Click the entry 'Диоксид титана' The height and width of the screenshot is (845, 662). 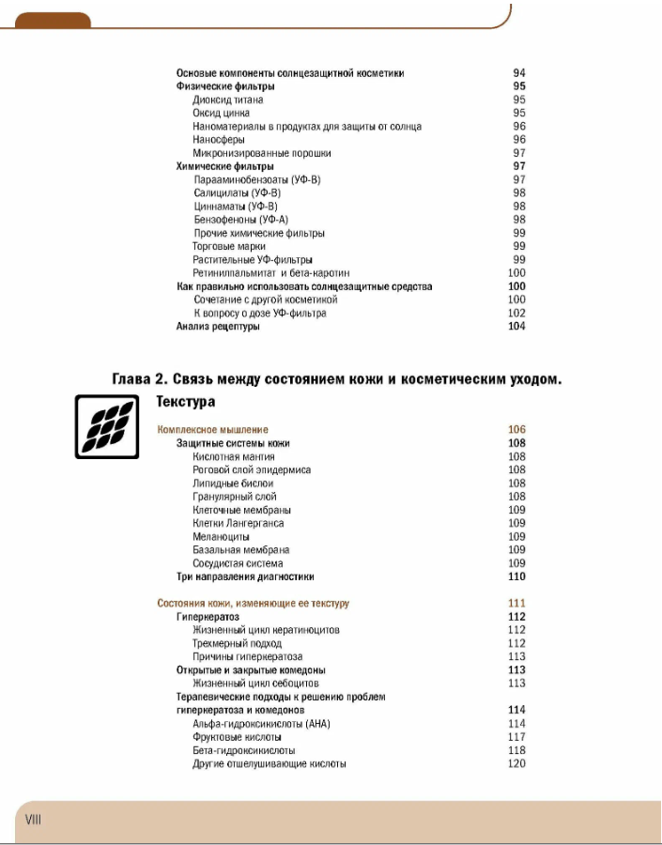click(228, 100)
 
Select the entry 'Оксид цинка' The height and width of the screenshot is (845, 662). click(221, 113)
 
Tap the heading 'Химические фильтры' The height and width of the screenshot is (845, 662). click(224, 166)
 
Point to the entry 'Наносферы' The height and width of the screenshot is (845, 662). click(219, 140)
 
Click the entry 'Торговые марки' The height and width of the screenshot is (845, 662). click(229, 246)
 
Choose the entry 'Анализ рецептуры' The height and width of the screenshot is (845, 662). click(218, 327)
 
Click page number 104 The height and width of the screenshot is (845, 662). click(516, 327)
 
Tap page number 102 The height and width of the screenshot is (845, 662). click(516, 314)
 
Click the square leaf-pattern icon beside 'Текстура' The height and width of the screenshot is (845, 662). click(107, 426)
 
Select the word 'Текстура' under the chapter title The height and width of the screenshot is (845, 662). click(186, 402)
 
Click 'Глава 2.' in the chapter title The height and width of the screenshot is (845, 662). click(139, 379)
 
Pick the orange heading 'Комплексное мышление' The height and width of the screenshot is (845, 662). click(212, 430)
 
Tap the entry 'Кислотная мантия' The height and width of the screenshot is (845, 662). click(234, 457)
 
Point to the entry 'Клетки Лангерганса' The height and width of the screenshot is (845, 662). click(238, 523)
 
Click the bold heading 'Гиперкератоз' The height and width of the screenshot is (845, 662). click(208, 617)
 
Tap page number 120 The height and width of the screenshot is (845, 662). click(516, 763)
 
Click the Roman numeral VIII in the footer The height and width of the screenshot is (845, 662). click(33, 820)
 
